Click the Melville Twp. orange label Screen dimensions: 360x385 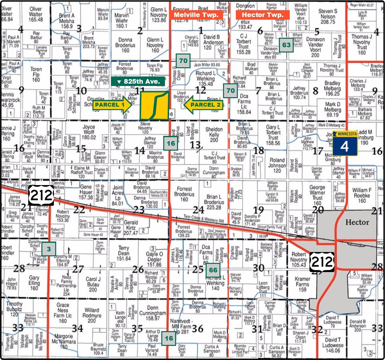(198, 15)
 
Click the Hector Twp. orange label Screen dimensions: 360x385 (263, 15)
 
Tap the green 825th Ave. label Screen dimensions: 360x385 (138, 81)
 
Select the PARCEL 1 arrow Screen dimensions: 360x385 (112, 105)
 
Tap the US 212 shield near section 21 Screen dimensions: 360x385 (41, 196)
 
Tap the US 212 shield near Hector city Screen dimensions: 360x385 (322, 262)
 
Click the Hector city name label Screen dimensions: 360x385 (357, 222)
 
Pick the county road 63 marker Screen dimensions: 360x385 (286, 45)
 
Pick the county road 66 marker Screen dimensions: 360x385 (213, 270)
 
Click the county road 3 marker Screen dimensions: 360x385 (49, 249)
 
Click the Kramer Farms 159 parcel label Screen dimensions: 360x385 (302, 284)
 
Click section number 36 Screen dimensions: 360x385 (197, 328)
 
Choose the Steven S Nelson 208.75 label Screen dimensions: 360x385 (328, 16)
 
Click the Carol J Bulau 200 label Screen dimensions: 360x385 (93, 284)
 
